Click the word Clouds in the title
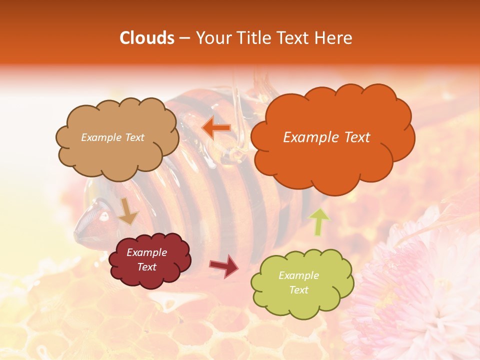147,38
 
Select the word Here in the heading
333,38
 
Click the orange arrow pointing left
216,128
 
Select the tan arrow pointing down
128,212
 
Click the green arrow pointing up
319,221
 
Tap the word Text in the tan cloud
133,137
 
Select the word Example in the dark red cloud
146,252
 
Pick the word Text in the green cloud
298,290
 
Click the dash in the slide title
184,38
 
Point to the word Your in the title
210,38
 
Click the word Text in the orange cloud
354,137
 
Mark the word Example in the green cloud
298,275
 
